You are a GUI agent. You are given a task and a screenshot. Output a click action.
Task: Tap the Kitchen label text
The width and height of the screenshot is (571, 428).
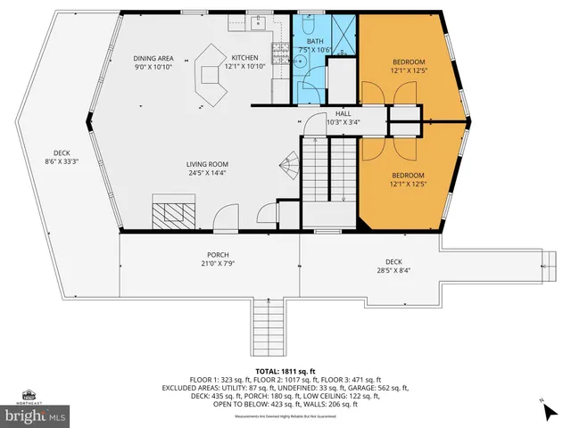coord(244,62)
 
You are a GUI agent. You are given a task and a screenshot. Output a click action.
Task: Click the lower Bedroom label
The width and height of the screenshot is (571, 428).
coord(408,179)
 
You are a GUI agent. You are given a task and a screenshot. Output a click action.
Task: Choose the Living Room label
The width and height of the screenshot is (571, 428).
coord(208,169)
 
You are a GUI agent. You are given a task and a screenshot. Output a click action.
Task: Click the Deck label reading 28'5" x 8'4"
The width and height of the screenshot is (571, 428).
coord(393,266)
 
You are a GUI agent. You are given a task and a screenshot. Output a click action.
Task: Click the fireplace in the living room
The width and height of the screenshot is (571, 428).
coord(170,211)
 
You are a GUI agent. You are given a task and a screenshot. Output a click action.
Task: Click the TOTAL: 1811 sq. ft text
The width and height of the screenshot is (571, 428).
coord(285,369)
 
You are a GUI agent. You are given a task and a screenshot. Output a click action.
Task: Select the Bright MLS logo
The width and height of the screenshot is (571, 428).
coord(36,416)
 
